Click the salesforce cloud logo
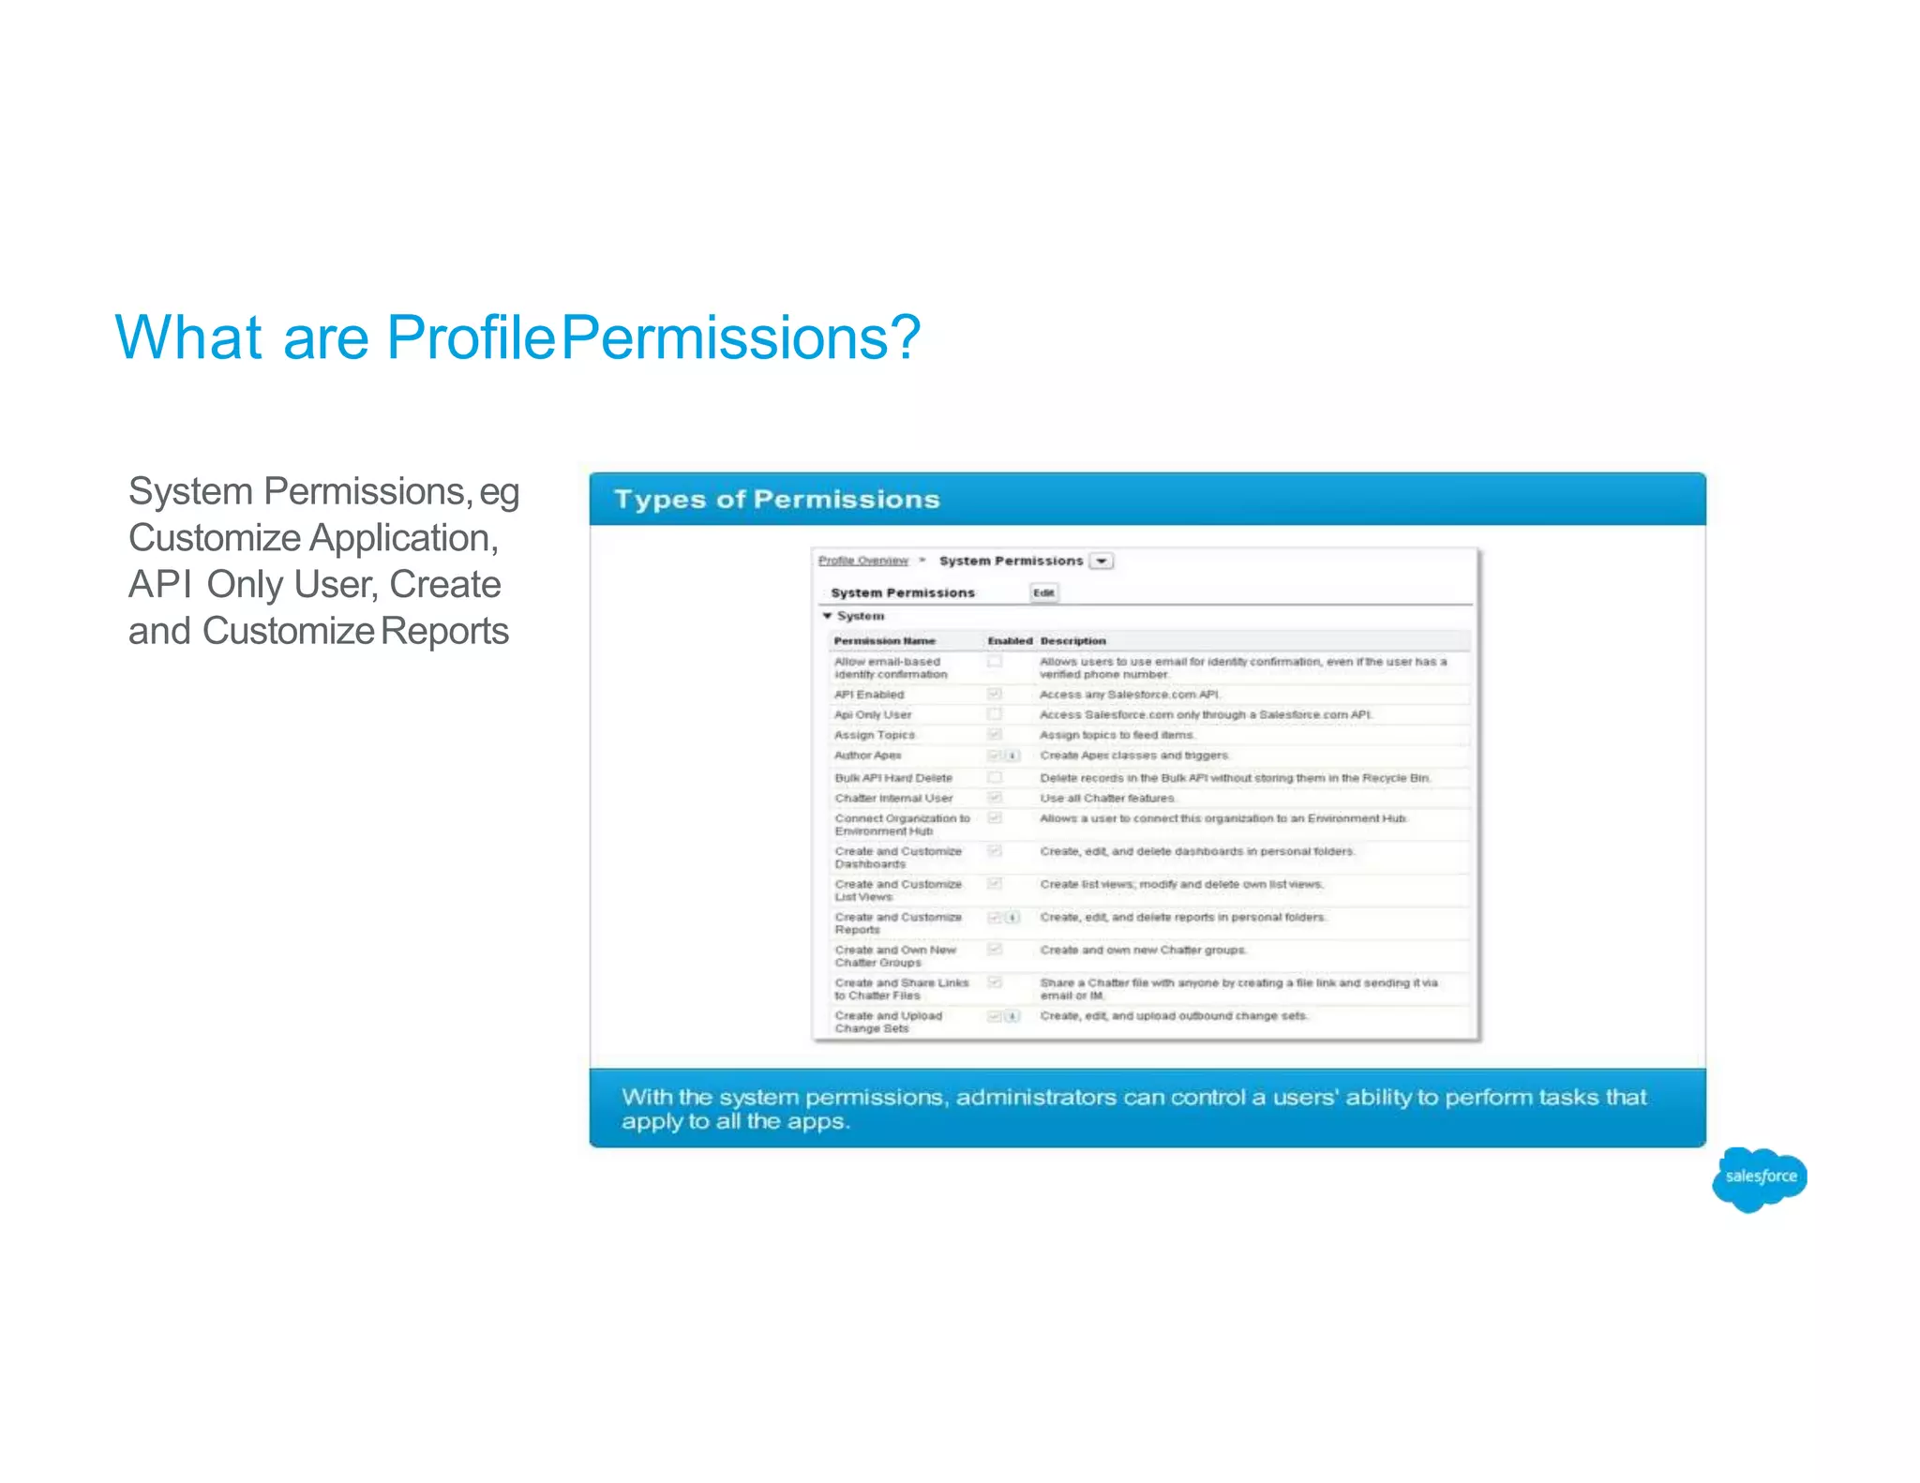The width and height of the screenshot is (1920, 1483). pos(1759,1177)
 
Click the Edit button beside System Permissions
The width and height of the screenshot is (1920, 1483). pos(1043,592)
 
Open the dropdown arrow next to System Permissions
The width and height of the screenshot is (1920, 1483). pos(1102,561)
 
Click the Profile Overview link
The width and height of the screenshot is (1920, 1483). pos(862,561)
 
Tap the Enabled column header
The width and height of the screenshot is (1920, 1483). pos(1009,641)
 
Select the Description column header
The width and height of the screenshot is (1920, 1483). pos(1072,641)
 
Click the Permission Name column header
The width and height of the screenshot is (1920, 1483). pos(884,641)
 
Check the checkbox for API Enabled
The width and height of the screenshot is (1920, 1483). pos(995,694)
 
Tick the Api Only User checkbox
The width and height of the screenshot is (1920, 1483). pos(995,714)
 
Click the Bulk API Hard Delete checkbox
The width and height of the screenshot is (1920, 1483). pos(995,778)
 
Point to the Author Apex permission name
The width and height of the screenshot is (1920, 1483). pos(867,756)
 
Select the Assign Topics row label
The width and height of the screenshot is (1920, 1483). pos(874,735)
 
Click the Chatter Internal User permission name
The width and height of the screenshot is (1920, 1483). pos(892,799)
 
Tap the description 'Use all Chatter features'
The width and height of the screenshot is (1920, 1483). pos(1106,799)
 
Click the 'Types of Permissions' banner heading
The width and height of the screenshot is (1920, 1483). pos(776,500)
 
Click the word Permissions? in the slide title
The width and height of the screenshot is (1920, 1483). pos(741,337)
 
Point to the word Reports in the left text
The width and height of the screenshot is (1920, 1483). pos(444,631)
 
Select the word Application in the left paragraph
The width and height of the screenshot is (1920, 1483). pos(403,538)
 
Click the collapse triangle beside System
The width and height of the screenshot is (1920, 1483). pos(827,616)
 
